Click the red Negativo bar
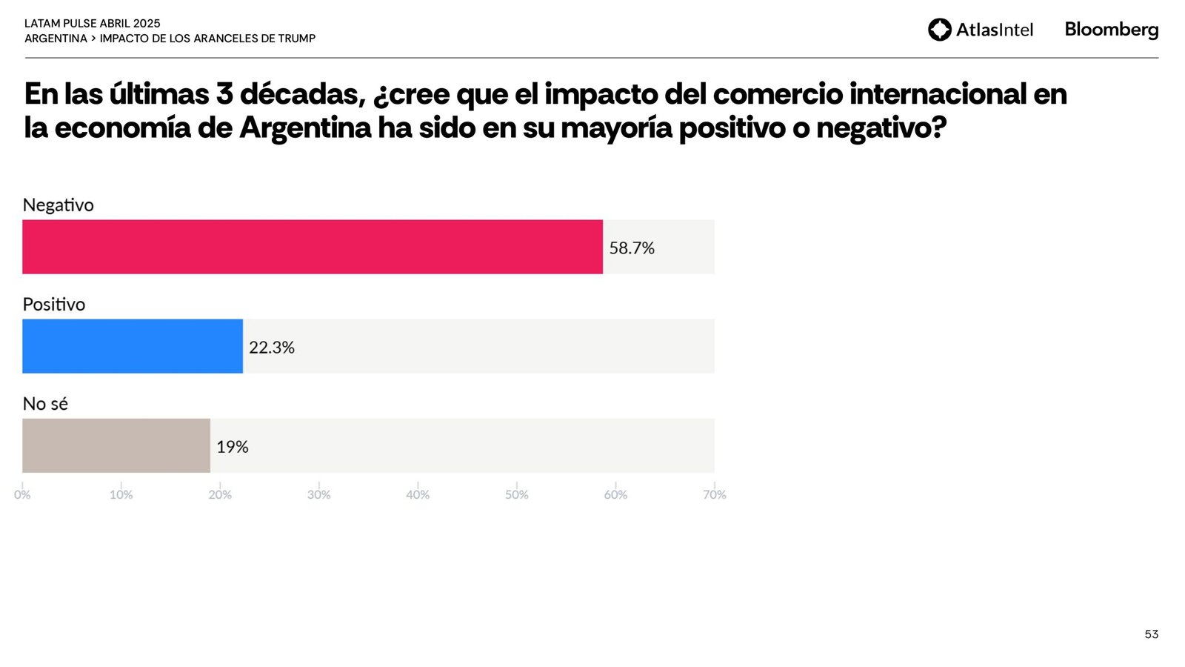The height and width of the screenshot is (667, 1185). (312, 247)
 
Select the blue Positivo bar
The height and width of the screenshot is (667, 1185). (133, 346)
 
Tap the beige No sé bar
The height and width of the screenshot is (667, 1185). (116, 445)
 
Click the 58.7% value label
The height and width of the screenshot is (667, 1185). (632, 248)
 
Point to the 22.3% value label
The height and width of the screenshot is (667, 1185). (272, 348)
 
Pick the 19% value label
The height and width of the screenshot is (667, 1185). (233, 447)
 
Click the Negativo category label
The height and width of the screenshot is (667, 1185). (59, 205)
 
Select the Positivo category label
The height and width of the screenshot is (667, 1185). (54, 304)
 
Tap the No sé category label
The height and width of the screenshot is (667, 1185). (45, 403)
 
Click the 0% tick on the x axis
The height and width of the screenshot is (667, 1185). (22, 494)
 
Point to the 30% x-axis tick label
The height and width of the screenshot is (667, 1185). (319, 494)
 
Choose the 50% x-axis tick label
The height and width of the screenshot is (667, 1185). (517, 494)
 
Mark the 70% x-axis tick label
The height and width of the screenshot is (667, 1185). (715, 494)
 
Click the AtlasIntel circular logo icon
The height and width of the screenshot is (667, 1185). (940, 30)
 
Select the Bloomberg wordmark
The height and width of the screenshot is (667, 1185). (1112, 30)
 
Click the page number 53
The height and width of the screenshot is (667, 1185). (1152, 634)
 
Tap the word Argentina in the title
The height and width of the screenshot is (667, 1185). (305, 127)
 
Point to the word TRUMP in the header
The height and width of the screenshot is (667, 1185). (297, 39)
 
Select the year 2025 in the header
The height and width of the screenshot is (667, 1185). (147, 24)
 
